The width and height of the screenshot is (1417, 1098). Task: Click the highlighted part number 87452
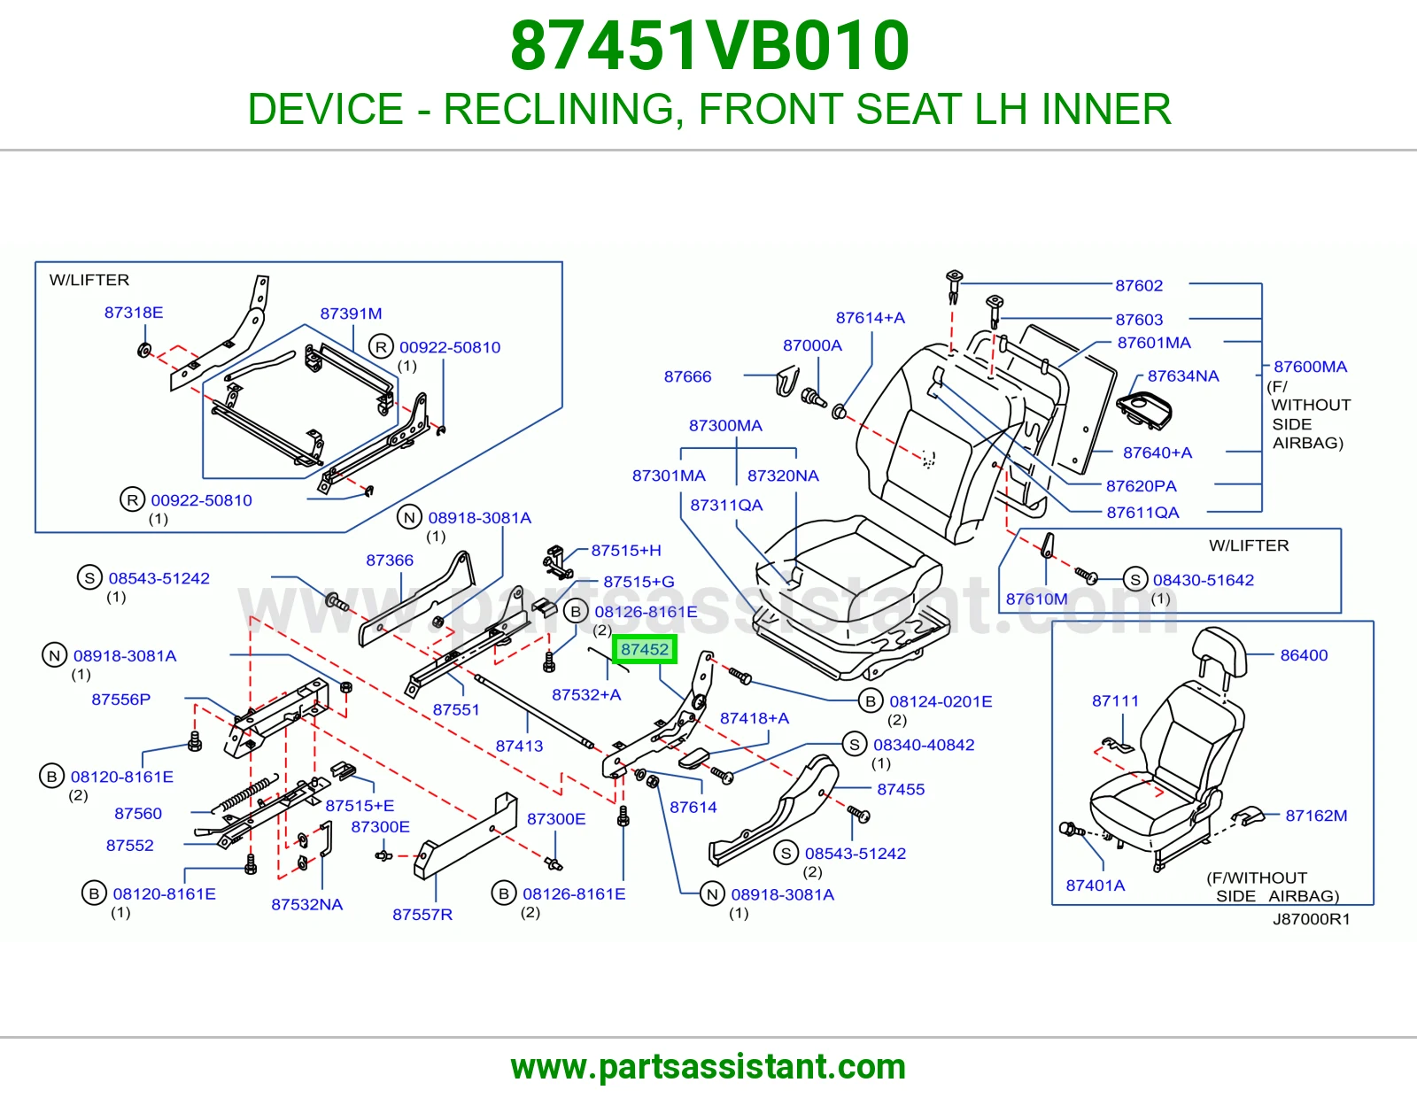point(644,649)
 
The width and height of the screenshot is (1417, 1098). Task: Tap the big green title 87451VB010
point(709,46)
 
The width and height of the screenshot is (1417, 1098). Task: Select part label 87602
point(1139,285)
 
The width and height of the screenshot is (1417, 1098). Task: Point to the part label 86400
point(1304,654)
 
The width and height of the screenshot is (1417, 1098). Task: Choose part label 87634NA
point(1183,375)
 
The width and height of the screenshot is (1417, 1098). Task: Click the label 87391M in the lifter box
point(351,313)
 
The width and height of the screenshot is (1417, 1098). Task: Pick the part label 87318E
point(134,313)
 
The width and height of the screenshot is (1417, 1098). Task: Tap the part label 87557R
point(422,914)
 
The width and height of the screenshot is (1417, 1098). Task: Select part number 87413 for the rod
point(519,746)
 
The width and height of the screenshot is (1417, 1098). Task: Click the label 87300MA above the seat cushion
point(725,425)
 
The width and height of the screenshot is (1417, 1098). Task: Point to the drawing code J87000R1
point(1311,919)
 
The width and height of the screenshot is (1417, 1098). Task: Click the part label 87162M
point(1316,815)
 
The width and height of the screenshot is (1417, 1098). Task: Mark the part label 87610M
point(1036,599)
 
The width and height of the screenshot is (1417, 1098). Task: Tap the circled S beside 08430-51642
point(1135,579)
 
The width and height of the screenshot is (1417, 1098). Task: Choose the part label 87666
point(687,376)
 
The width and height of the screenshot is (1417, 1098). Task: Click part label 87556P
point(120,699)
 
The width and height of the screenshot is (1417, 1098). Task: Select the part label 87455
point(901,789)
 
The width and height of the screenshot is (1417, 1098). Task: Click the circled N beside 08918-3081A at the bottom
point(712,894)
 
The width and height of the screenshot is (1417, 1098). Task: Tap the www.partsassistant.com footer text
point(708,1067)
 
